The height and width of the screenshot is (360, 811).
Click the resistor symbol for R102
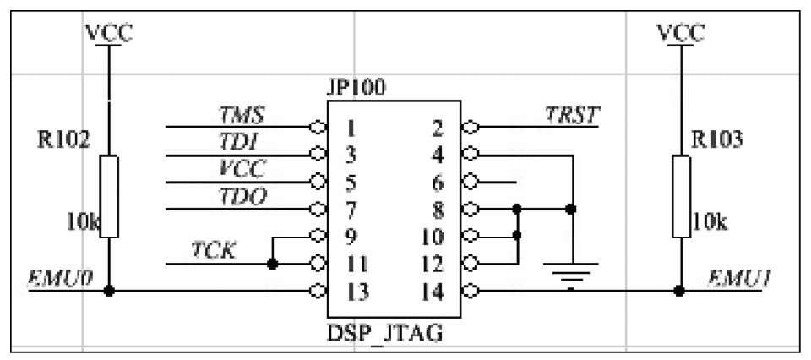pyautogui.click(x=109, y=196)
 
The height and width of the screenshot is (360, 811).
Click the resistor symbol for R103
pyautogui.click(x=680, y=196)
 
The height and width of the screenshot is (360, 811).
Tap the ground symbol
pyautogui.click(x=572, y=272)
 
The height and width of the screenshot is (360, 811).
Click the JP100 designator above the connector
pyautogui.click(x=355, y=88)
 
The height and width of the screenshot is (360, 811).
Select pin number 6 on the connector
pyautogui.click(x=438, y=183)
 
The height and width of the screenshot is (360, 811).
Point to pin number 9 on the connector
pyautogui.click(x=351, y=237)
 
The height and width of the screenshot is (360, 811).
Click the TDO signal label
pyautogui.click(x=242, y=196)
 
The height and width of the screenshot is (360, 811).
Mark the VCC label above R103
pyautogui.click(x=680, y=33)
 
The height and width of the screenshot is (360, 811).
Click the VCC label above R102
pyautogui.click(x=109, y=33)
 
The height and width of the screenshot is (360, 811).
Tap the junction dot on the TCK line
pyautogui.click(x=272, y=265)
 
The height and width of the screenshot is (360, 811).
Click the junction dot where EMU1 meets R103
pyautogui.click(x=680, y=292)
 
